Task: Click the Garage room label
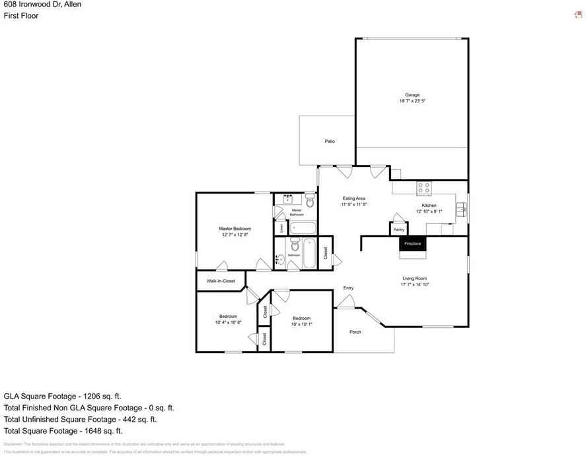pyautogui.click(x=412, y=95)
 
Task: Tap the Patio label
pyautogui.click(x=329, y=141)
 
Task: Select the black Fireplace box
pyautogui.click(x=412, y=244)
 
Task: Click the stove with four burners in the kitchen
pyautogui.click(x=423, y=188)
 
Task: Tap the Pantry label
pyautogui.click(x=398, y=229)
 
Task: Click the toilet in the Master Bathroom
pyautogui.click(x=310, y=201)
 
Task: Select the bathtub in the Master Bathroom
pyautogui.click(x=303, y=229)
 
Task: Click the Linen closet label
pyautogui.click(x=281, y=228)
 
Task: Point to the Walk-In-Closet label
pyautogui.click(x=221, y=281)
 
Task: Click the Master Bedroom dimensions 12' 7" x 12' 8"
pyautogui.click(x=235, y=235)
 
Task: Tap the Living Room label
pyautogui.click(x=414, y=278)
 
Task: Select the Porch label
pyautogui.click(x=355, y=332)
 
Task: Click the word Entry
pyautogui.click(x=348, y=287)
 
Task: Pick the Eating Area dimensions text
pyautogui.click(x=353, y=204)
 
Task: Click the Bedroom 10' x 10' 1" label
pyautogui.click(x=301, y=318)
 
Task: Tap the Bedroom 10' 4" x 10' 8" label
pyautogui.click(x=228, y=316)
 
